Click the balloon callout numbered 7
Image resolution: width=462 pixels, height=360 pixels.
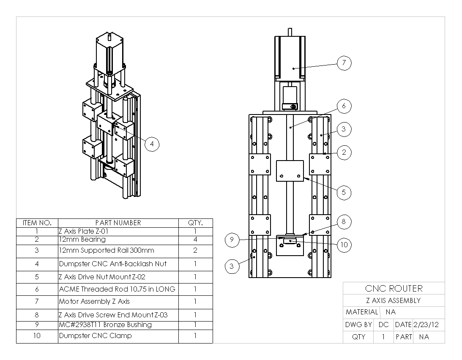(344, 63)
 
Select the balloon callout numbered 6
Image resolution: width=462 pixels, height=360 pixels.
(344, 106)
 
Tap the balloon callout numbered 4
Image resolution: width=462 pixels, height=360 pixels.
(152, 144)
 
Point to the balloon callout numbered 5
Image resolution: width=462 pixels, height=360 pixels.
(344, 193)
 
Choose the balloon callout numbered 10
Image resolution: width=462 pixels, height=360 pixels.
(344, 245)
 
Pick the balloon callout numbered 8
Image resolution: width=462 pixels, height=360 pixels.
(344, 221)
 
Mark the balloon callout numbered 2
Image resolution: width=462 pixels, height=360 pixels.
(344, 153)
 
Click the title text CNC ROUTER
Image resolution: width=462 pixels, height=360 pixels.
(393, 289)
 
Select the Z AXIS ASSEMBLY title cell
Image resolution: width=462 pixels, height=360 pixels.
(393, 300)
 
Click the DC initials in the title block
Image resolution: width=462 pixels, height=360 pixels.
(383, 325)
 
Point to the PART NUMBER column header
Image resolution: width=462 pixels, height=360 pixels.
(118, 223)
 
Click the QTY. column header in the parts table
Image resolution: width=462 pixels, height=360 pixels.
(195, 223)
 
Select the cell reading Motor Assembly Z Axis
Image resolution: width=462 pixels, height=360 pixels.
(94, 302)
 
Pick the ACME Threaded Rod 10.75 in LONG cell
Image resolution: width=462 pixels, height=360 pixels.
(117, 289)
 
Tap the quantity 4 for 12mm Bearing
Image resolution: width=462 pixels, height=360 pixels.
(195, 240)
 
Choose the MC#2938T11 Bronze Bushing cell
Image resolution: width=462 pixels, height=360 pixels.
(105, 325)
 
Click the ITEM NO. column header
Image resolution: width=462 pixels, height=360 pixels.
(37, 223)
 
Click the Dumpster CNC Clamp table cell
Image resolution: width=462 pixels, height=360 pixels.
(95, 336)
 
